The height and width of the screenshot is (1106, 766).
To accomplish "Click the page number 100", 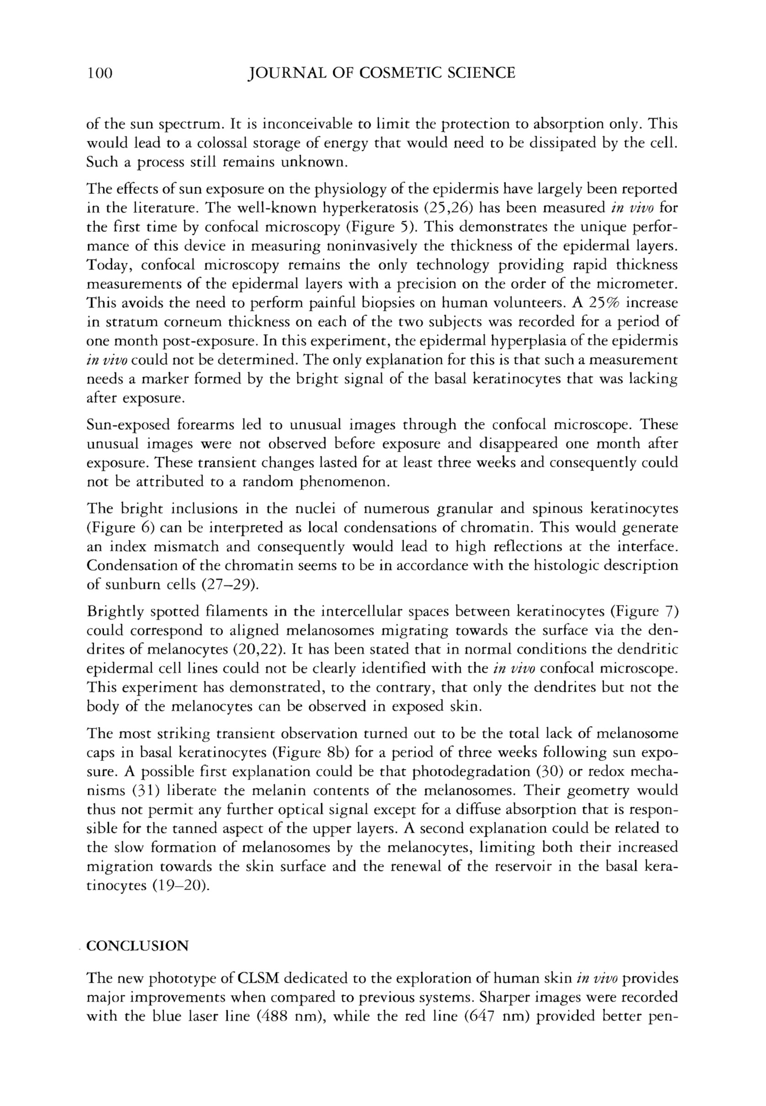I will pos(99,73).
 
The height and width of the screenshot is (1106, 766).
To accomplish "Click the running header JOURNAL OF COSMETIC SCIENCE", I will pos(381,73).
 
